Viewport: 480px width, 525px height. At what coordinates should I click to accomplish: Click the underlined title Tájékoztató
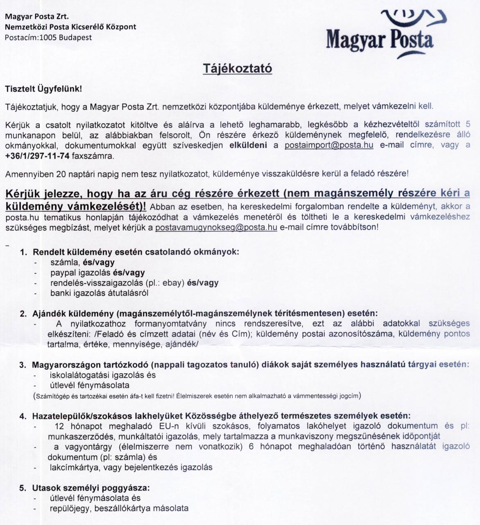[x=238, y=68]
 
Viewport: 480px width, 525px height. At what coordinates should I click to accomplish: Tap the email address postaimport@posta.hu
[x=328, y=145]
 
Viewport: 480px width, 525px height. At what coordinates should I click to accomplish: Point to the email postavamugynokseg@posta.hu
[x=216, y=227]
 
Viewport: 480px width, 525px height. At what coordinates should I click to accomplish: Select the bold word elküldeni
[x=248, y=145]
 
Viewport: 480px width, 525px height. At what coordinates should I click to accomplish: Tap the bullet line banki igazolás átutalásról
[x=99, y=293]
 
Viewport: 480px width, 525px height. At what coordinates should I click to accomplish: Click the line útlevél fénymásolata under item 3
[x=89, y=385]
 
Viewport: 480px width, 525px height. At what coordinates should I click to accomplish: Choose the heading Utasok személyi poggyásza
[x=91, y=488]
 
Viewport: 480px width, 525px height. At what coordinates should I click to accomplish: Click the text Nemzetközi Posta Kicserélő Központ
[x=70, y=27]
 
